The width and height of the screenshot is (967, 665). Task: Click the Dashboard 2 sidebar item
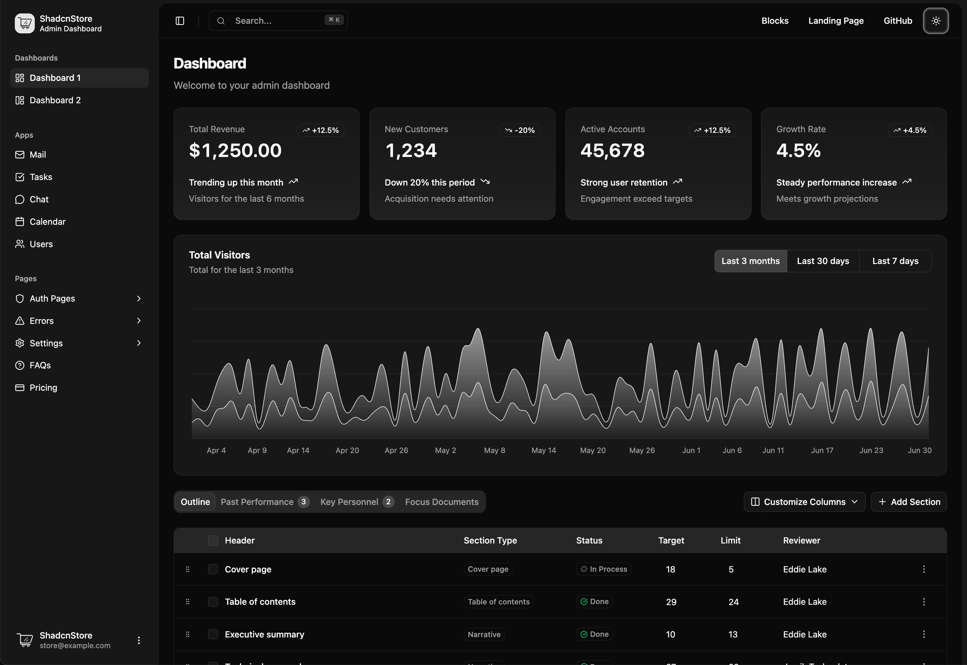tap(55, 101)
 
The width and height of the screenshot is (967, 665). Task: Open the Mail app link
tap(38, 155)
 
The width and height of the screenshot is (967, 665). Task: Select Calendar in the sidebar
tap(47, 222)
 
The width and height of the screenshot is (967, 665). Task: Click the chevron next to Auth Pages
tap(139, 298)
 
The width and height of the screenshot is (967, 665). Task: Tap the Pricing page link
tap(43, 388)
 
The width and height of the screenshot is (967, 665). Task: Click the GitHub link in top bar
tap(897, 21)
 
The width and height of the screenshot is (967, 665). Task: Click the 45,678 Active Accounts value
tap(612, 150)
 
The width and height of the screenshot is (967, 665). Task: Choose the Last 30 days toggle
tap(822, 261)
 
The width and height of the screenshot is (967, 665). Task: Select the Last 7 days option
tap(895, 261)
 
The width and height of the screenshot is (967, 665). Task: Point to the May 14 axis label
tap(543, 451)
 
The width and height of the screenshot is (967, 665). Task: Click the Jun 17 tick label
tap(822, 451)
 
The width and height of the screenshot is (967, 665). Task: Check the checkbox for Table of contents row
tap(212, 602)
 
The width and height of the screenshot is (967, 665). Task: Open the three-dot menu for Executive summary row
tap(924, 634)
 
